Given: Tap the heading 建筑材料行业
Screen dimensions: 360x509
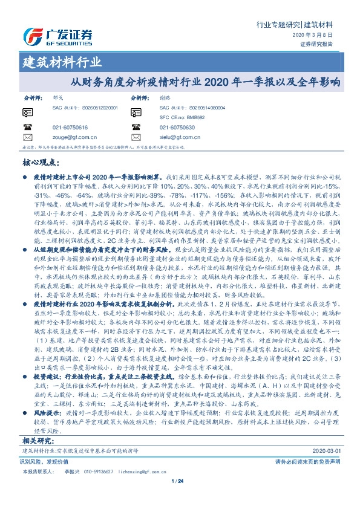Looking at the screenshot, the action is pos(62,62).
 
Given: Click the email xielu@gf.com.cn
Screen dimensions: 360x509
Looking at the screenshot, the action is pos(177,137).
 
